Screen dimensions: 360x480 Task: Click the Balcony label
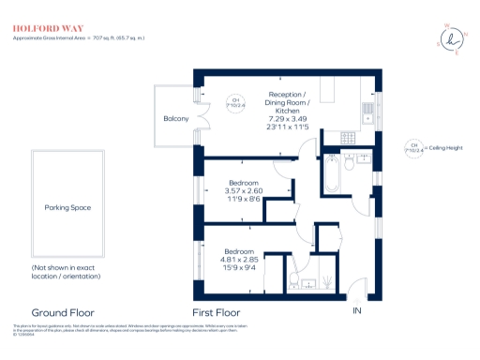click(176, 118)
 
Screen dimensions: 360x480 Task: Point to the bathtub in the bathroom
click(332, 171)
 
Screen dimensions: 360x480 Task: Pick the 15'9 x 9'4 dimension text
click(238, 268)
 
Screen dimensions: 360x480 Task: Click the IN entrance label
click(355, 310)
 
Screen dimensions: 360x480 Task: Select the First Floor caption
click(217, 312)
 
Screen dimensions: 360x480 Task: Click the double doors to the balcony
click(199, 119)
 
